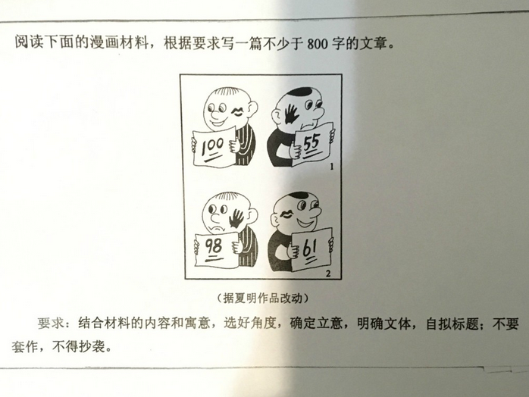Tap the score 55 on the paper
[x=311, y=142]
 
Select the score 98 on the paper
[x=213, y=245]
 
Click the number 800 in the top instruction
[x=319, y=43]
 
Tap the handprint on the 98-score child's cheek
[x=238, y=219]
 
